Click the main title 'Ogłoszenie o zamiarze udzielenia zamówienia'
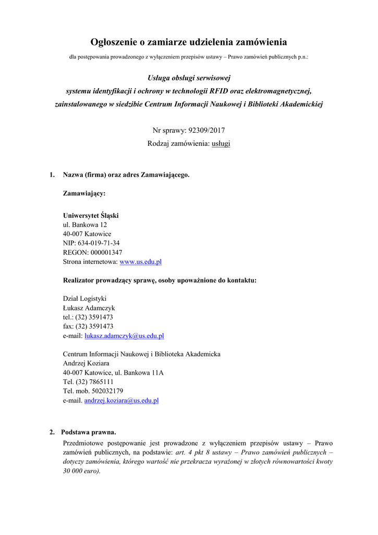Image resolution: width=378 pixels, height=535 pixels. click(x=189, y=42)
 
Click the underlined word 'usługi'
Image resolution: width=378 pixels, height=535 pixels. click(x=220, y=143)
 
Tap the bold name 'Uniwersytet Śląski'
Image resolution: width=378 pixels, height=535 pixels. click(x=91, y=215)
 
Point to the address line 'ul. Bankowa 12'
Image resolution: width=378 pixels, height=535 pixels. click(x=85, y=225)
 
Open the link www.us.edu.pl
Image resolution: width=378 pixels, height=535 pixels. click(x=141, y=262)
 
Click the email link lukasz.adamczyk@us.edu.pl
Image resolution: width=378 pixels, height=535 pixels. click(x=124, y=336)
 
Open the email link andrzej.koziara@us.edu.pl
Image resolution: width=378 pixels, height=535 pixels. click(x=121, y=401)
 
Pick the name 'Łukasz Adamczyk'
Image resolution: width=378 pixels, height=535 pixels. click(x=89, y=308)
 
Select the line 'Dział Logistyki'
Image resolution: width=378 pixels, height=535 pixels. click(x=84, y=299)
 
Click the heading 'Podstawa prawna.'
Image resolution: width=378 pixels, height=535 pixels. click(x=88, y=432)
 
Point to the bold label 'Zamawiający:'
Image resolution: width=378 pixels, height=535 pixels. click(x=84, y=193)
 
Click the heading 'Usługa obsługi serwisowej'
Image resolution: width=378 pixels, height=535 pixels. click(x=189, y=78)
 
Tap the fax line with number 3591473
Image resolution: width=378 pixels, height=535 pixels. click(x=88, y=327)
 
